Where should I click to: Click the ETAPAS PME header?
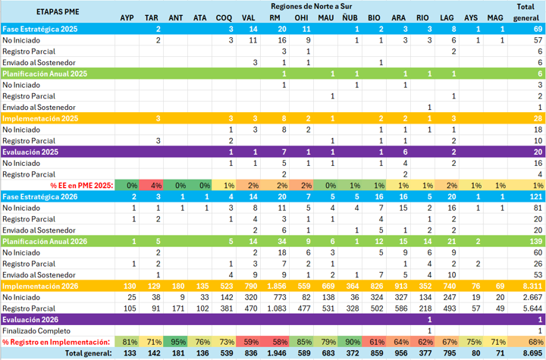point(58,12)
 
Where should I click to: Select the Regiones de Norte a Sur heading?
point(312,6)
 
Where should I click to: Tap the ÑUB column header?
point(350,17)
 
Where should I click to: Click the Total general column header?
point(526,12)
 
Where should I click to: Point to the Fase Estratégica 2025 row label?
point(40,30)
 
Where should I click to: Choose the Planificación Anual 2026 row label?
point(45,242)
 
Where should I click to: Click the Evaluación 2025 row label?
point(30,152)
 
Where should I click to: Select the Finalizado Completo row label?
point(36,330)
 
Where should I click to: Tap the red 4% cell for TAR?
point(151,186)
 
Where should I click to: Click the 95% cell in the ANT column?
point(175,343)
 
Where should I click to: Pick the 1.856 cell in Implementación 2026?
point(277,286)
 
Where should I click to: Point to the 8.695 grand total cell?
point(532,353)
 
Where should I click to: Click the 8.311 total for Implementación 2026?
point(532,286)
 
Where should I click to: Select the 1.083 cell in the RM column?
point(277,308)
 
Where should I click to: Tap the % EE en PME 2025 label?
point(82,186)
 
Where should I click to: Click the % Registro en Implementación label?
point(56,343)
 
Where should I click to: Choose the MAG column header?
point(495,17)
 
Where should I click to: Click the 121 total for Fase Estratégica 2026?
point(536,197)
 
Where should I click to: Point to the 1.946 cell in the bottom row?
point(277,353)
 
